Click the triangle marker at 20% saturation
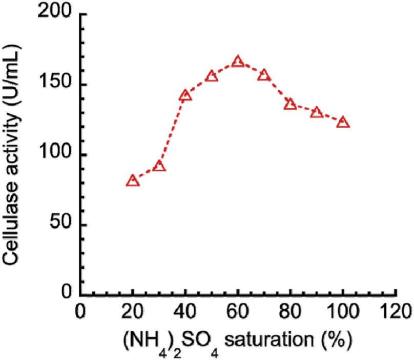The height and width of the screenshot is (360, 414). coord(133,181)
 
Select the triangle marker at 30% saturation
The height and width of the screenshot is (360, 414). coord(159,166)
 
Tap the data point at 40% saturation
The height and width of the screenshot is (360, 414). coord(185,95)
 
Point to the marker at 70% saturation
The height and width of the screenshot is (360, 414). coord(264,75)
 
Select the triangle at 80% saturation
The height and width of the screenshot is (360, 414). coord(291,104)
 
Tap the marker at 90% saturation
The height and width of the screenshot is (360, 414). coord(317,112)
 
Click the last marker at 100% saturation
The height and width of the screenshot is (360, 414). coord(343,122)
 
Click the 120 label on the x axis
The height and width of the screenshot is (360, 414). coord(396,313)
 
